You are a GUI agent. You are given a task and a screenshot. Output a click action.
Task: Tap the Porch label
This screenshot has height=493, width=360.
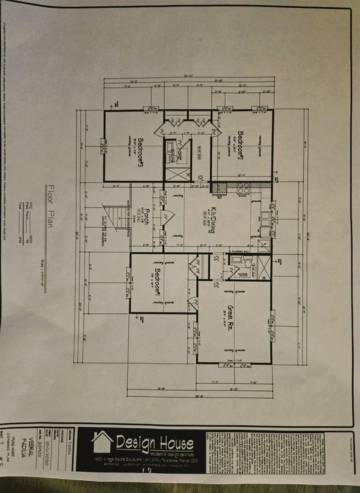(147, 216)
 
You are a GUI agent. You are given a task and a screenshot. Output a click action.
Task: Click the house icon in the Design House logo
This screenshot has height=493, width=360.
(102, 442)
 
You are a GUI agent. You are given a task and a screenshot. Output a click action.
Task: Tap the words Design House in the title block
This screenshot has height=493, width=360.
(154, 443)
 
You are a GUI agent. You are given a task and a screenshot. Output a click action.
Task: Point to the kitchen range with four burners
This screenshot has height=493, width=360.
(244, 190)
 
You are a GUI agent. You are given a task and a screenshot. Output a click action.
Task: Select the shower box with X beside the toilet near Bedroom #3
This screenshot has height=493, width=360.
(178, 172)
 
